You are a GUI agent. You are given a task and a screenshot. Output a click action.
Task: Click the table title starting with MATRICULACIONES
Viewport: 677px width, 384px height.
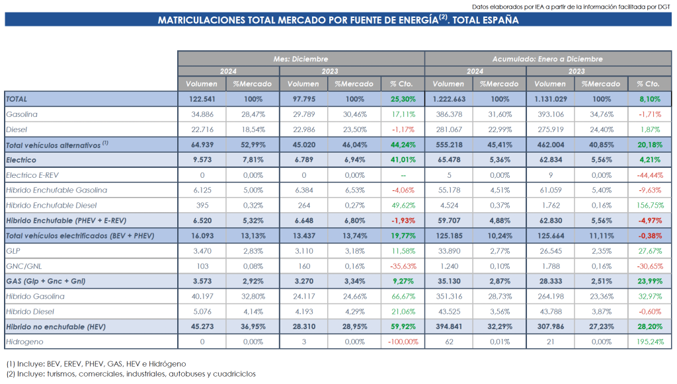(338, 20)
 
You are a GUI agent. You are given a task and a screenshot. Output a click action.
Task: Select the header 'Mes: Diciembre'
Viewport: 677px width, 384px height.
(301, 59)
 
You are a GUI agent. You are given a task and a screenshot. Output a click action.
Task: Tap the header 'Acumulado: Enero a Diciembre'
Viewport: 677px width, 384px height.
(547, 59)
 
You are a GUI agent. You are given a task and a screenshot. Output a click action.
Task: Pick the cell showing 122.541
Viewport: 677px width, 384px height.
(202, 98)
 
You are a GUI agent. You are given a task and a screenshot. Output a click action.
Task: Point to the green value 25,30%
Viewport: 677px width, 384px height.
(403, 98)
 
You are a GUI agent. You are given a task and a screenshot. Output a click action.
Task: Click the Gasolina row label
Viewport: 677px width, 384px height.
(21, 114)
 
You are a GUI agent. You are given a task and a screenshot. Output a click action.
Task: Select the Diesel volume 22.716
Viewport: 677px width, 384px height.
(202, 130)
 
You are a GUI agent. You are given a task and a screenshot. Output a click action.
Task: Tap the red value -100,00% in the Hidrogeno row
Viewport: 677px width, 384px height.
(403, 342)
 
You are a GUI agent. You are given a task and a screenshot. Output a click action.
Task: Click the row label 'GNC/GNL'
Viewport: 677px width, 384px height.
(23, 266)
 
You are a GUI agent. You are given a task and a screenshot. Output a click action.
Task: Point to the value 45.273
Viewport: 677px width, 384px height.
(202, 327)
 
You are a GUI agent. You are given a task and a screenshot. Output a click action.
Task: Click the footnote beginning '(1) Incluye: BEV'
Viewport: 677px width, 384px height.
(96, 364)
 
